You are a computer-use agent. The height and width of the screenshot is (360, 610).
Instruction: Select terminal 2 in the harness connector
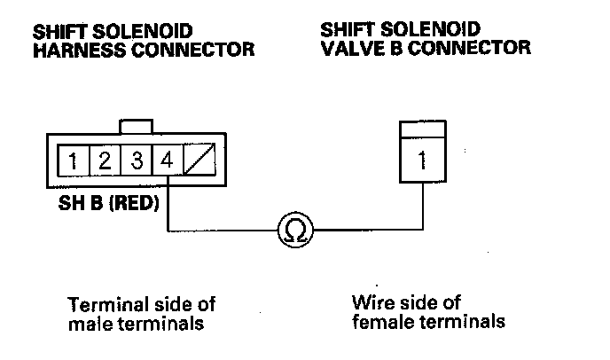click(105, 161)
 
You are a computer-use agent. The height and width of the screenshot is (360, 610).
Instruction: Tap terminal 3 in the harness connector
click(137, 161)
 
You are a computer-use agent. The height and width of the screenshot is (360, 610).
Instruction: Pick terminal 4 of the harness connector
click(168, 161)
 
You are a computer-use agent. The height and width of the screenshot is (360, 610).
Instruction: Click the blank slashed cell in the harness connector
click(199, 161)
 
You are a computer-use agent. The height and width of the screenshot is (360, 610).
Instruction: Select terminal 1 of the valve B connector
click(422, 161)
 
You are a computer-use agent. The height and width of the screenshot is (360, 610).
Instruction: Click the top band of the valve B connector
click(422, 130)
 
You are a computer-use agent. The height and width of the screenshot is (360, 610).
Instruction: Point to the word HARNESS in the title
click(74, 51)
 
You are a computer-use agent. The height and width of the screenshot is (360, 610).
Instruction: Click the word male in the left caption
click(88, 323)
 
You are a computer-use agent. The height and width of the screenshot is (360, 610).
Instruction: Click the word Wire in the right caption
click(369, 302)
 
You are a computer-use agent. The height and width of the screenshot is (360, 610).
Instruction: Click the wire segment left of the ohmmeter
click(222, 231)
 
